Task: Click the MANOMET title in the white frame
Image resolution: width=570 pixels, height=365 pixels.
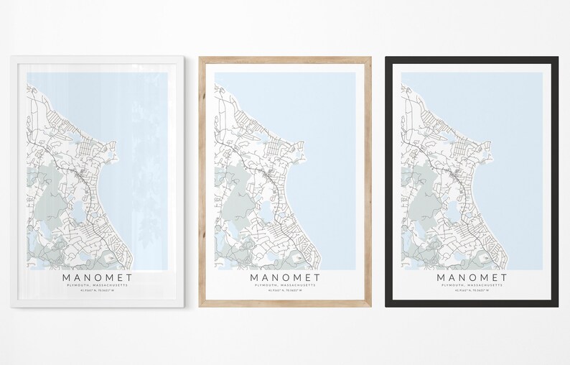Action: point(98,277)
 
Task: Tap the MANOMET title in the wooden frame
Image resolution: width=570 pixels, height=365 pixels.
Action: point(285,277)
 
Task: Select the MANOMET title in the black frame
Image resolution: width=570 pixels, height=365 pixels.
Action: point(472,277)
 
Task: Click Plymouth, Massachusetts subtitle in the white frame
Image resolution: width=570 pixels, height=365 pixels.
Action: point(98,285)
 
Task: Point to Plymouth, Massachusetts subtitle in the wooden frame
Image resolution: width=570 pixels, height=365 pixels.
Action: point(285,285)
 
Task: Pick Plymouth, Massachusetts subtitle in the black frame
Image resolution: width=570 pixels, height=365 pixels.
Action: point(472,285)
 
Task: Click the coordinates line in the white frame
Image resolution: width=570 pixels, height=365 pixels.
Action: point(98,291)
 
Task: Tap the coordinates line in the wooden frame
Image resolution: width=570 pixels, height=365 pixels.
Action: point(285,291)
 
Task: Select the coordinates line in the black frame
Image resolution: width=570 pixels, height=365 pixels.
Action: point(472,291)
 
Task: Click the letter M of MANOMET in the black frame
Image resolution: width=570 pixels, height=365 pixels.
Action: point(441,277)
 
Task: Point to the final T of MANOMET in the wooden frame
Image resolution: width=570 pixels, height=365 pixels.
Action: point(317,277)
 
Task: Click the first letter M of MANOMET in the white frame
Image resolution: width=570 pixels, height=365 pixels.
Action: point(67,277)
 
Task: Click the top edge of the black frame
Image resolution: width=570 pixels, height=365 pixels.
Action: point(472,59)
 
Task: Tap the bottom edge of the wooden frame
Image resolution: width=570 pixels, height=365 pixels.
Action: point(285,304)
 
